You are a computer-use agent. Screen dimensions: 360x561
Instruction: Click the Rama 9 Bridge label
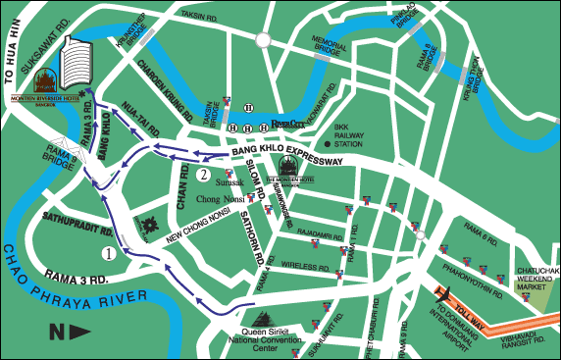[x=60, y=153]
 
